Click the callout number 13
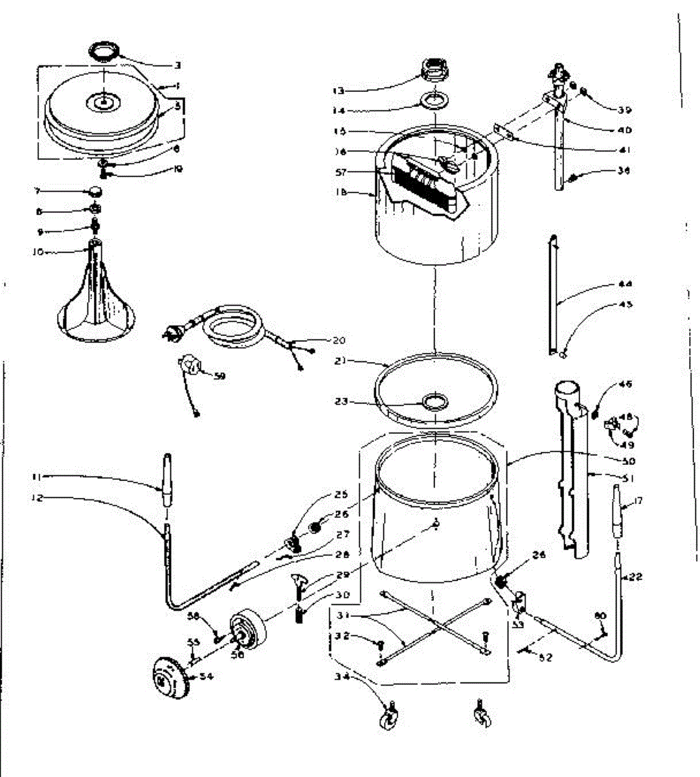pos(356,91)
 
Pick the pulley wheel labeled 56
pos(249,629)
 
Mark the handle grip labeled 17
pos(616,515)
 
